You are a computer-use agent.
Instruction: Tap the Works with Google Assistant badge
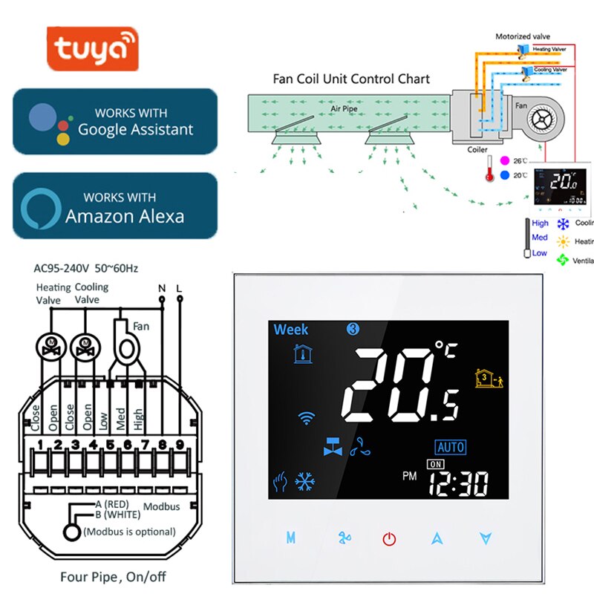(115, 122)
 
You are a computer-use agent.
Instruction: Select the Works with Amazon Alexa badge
(115, 206)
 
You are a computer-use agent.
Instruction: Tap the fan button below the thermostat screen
(343, 538)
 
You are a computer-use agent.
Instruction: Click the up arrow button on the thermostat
(437, 538)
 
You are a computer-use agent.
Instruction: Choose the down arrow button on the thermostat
(486, 538)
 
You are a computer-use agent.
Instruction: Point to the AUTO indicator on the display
(451, 447)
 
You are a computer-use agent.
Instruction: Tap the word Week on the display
(291, 330)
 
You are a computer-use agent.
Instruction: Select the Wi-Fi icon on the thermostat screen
(306, 417)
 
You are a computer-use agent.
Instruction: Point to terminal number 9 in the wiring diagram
(178, 445)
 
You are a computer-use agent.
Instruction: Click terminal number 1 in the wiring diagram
(39, 445)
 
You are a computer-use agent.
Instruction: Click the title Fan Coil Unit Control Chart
(351, 79)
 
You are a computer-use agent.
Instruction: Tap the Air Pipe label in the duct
(345, 108)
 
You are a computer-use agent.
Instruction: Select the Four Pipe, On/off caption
(102, 577)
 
